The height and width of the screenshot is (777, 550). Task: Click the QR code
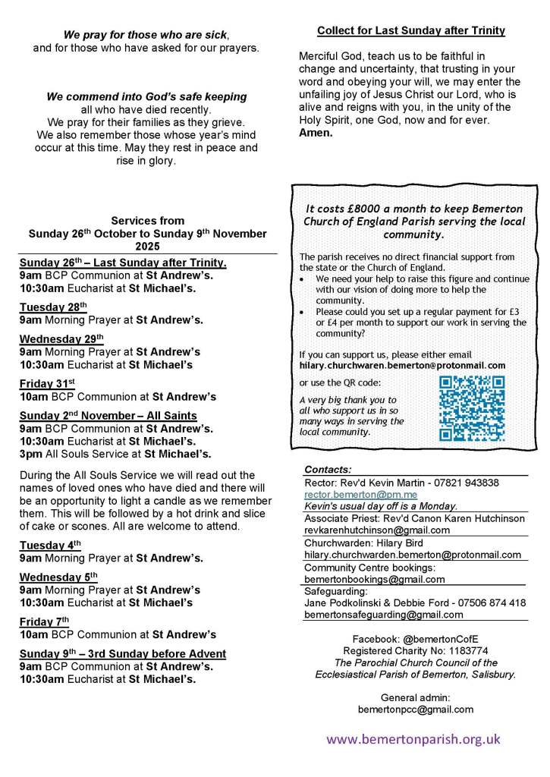point(472,408)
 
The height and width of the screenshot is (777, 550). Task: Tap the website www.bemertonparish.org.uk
point(413,738)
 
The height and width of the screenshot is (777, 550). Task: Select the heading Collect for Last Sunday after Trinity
point(410,31)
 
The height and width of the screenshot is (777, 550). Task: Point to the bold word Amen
point(316,132)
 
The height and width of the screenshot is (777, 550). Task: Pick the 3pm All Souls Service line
point(115,454)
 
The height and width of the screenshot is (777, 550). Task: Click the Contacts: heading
point(328,469)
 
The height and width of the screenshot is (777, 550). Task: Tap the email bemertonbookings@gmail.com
point(374,579)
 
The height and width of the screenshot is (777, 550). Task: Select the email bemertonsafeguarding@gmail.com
point(383,615)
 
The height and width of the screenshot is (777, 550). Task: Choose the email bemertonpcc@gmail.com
point(416,709)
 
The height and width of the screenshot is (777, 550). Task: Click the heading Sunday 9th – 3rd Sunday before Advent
point(122,653)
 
